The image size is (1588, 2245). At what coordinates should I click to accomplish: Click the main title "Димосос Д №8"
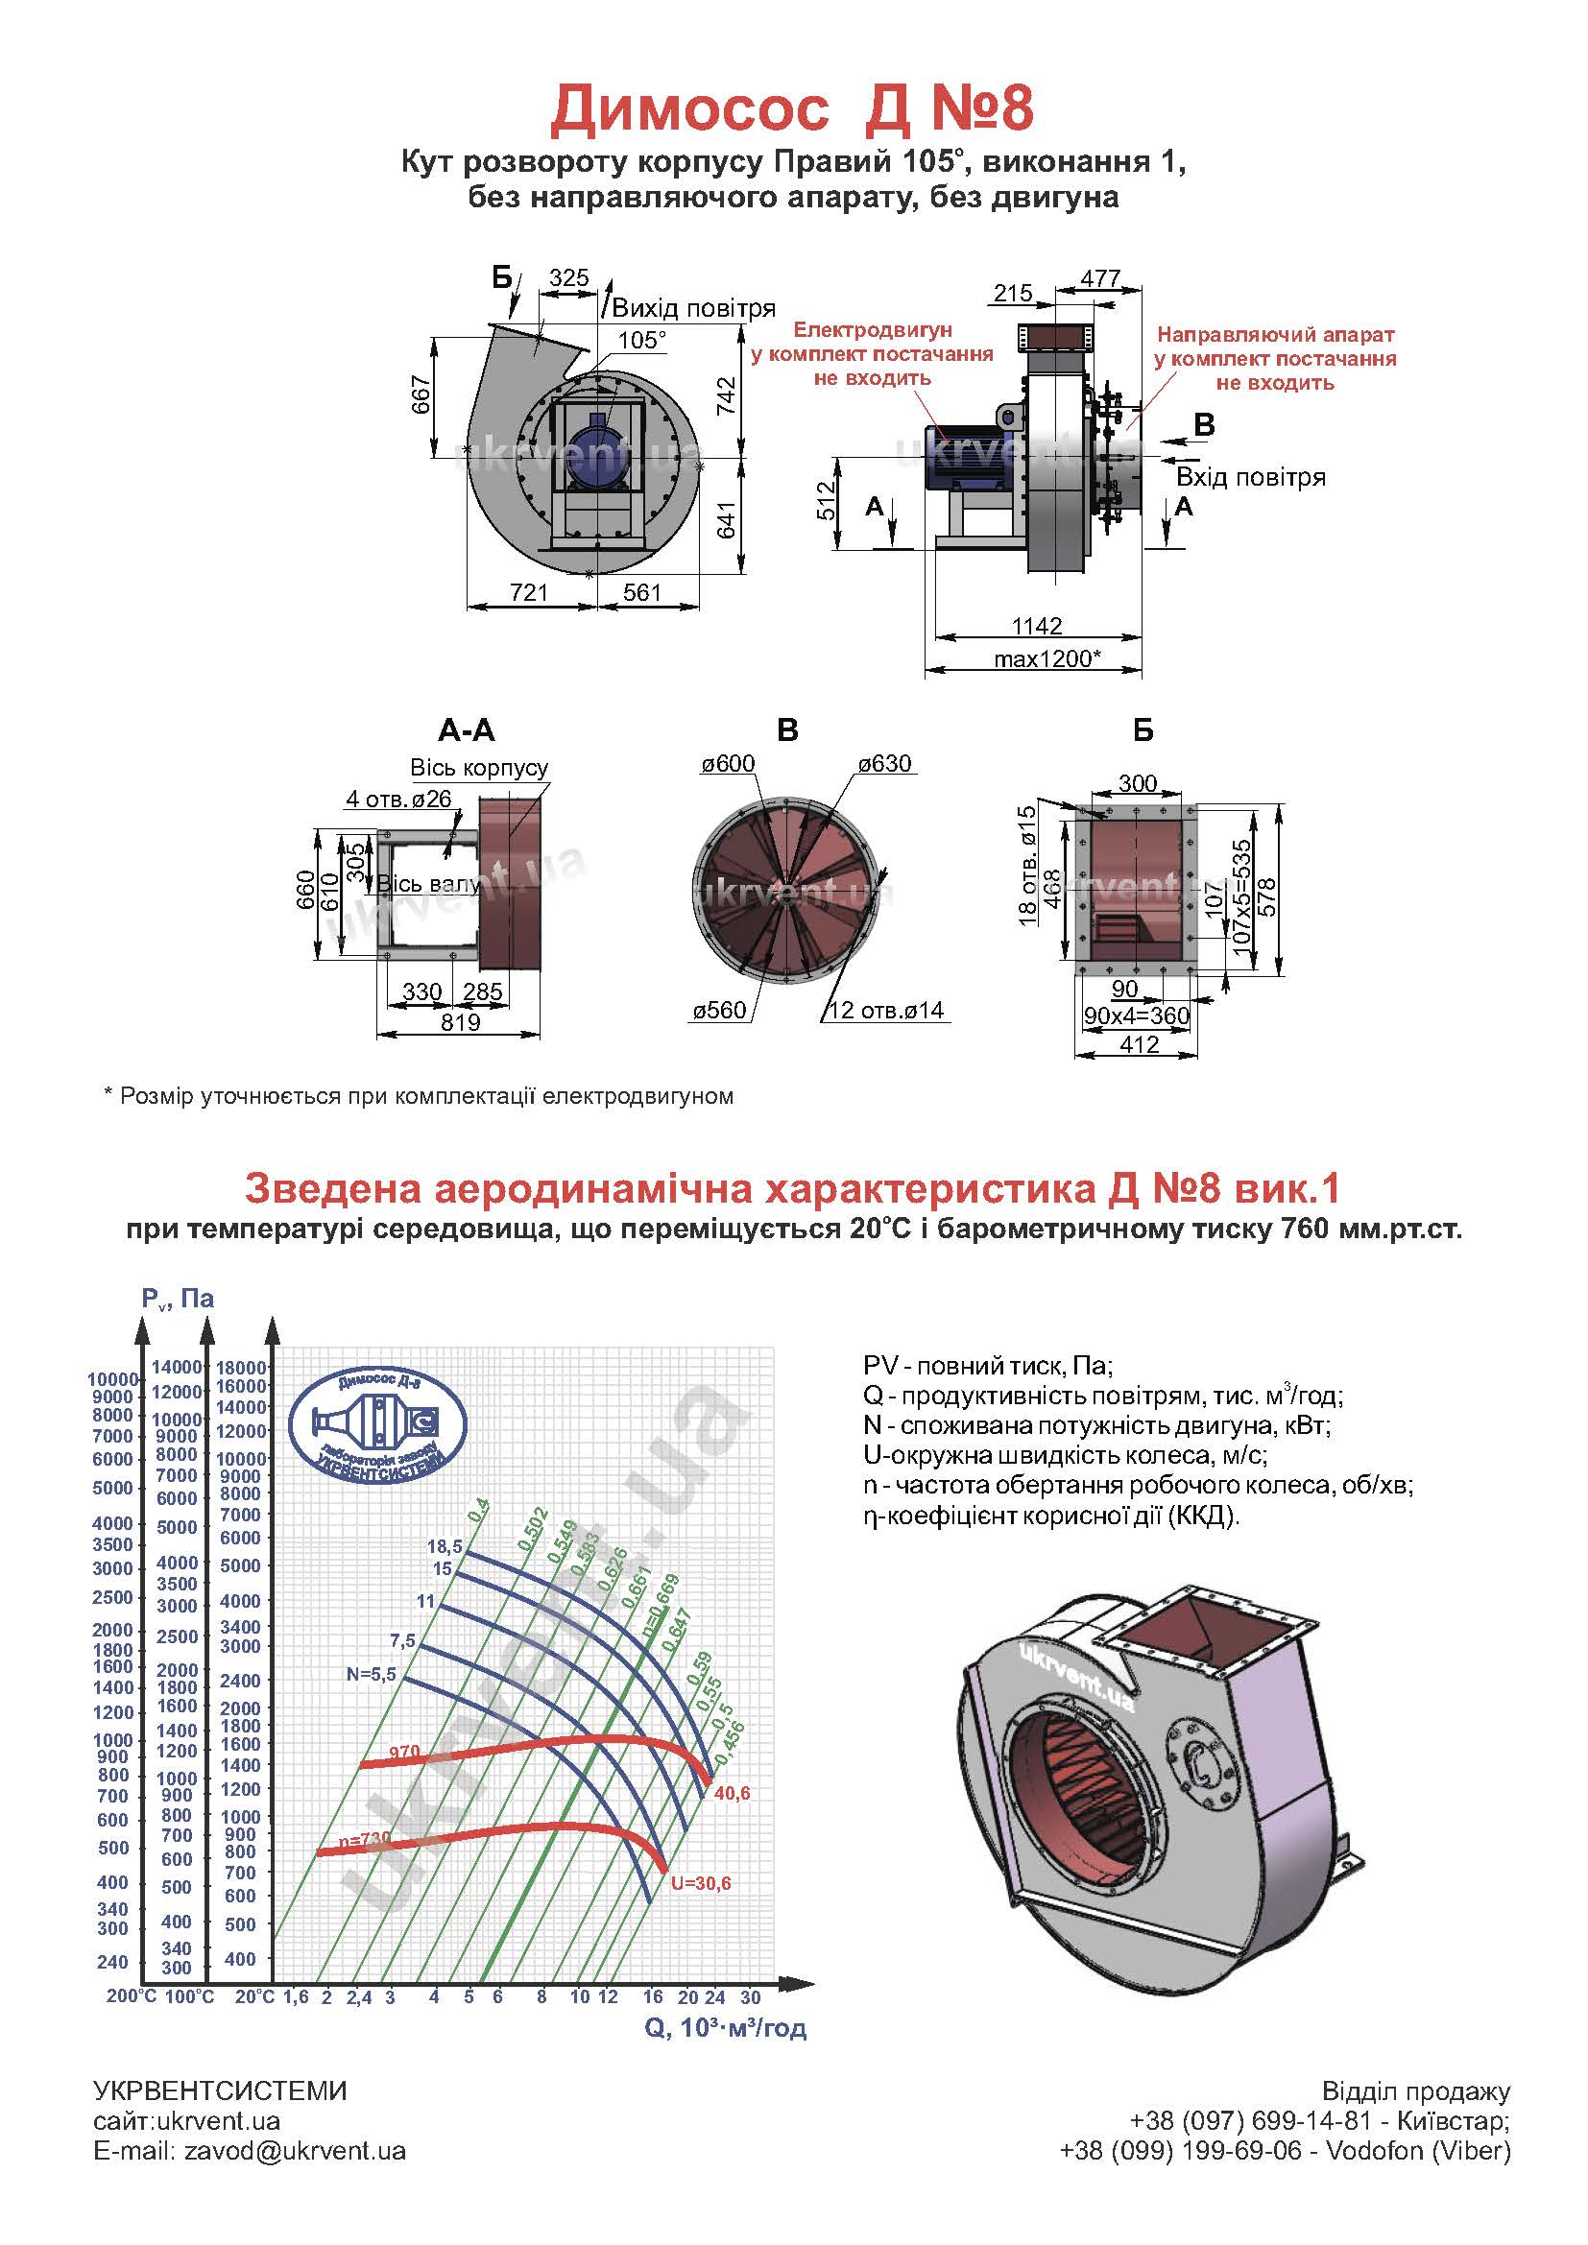[792, 109]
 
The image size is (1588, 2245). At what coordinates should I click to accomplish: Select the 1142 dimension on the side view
[1038, 626]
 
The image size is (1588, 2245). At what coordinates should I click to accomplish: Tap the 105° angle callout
[642, 339]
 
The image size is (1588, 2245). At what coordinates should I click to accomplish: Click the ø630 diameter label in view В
[885, 764]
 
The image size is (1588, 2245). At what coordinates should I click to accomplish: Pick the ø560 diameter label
[720, 1010]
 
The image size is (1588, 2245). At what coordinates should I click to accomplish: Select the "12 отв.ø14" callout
[886, 1010]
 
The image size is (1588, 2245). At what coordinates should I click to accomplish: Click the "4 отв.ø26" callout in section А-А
[399, 799]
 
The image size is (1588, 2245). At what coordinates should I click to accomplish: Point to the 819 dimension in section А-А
[461, 1022]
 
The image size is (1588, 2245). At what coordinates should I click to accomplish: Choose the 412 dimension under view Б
[1140, 1044]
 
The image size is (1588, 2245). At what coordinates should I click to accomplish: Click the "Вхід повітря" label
[1251, 477]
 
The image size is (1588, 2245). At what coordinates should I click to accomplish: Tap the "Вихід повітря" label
[693, 309]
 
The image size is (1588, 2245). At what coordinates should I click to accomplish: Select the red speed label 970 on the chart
[404, 1752]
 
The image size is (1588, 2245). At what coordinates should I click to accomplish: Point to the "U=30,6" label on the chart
[700, 1883]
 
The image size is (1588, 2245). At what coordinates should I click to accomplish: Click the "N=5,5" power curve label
[372, 1674]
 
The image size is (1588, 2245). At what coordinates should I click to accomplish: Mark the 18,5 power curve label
[444, 1546]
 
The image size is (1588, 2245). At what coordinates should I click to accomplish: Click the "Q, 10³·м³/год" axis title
[726, 2027]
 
